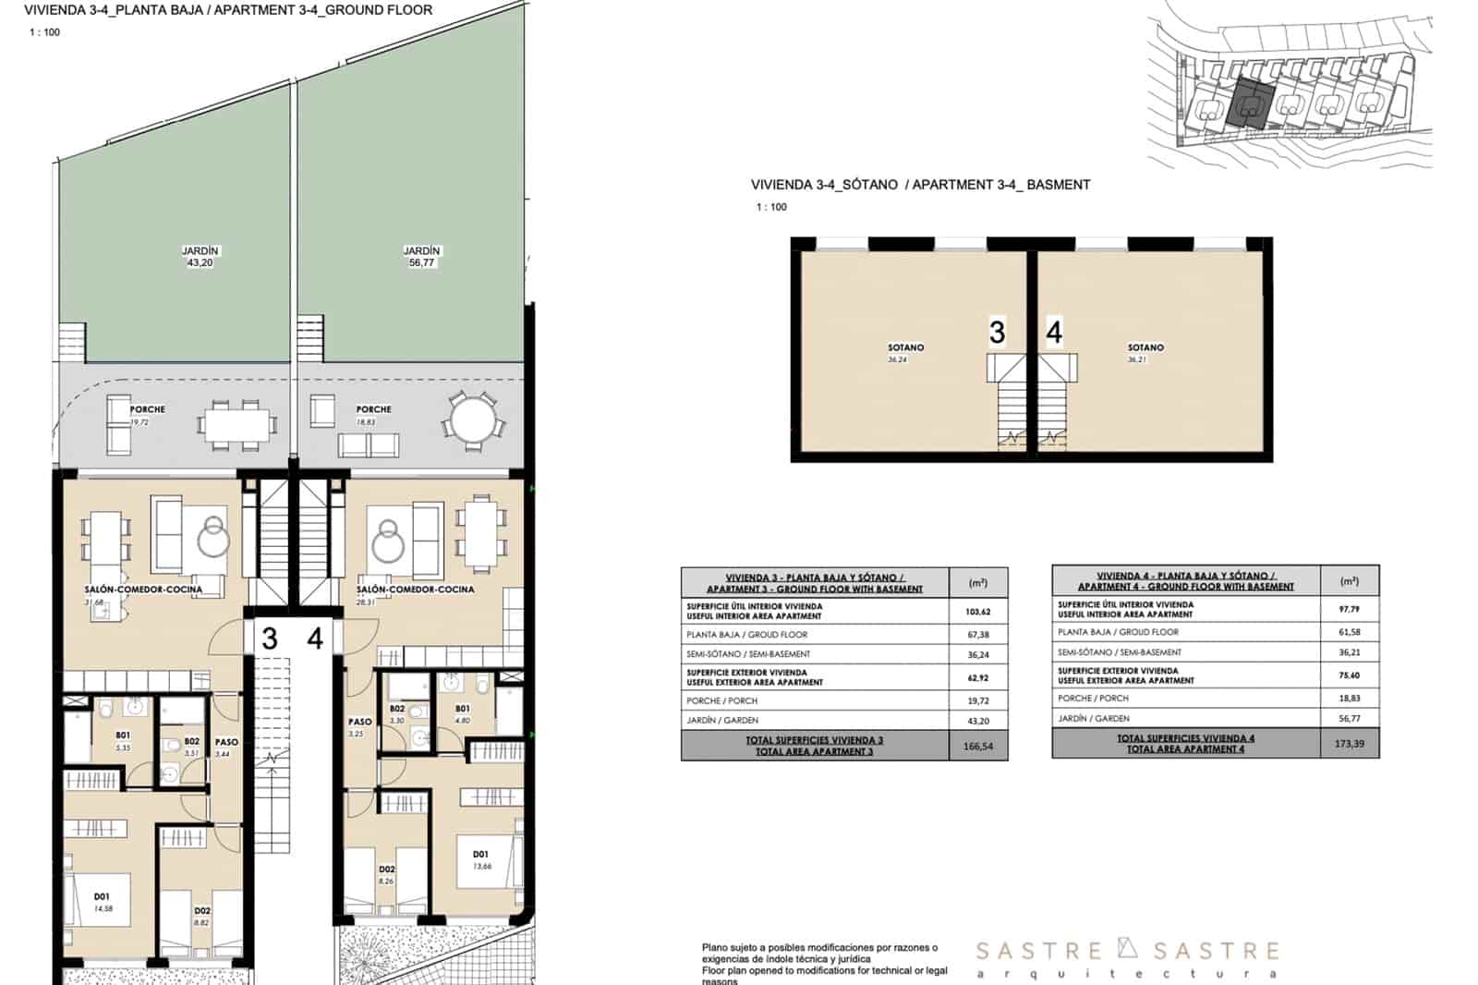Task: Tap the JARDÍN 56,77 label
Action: [421, 257]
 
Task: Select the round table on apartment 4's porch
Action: [472, 420]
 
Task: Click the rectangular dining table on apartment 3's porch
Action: [236, 425]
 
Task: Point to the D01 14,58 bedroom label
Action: [102, 902]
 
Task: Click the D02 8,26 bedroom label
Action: [387, 875]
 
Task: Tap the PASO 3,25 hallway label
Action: [359, 727]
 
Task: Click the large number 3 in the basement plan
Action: [997, 332]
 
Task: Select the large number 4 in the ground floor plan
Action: [315, 638]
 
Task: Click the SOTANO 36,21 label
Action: [1145, 353]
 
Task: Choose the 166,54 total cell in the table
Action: [978, 746]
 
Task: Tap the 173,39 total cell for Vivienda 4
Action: [1349, 743]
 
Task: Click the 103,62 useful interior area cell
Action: [978, 612]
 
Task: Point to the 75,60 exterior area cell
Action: [1349, 675]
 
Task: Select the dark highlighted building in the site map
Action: [1252, 102]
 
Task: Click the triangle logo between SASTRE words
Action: [1127, 948]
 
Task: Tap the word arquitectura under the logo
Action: [1127, 974]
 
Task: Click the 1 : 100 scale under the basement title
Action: [771, 207]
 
